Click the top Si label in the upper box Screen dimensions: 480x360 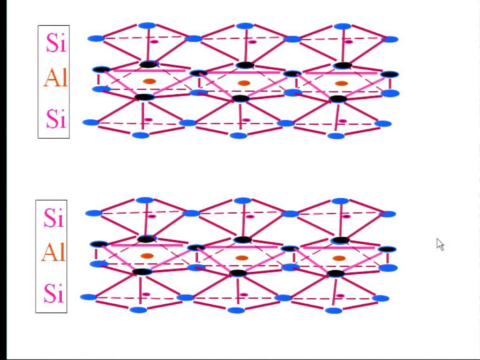[56, 42]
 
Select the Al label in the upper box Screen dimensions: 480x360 [55, 78]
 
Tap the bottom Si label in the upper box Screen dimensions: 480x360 [56, 119]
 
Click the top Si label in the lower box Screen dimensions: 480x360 [53, 217]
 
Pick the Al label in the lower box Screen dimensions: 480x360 [53, 252]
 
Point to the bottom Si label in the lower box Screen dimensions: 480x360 [53, 293]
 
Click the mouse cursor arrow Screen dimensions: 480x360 [440, 245]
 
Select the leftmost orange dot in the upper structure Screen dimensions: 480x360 [150, 82]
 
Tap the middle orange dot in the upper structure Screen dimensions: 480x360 [244, 83]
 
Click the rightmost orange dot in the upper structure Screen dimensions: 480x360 [341, 83]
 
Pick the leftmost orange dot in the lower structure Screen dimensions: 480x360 [147, 256]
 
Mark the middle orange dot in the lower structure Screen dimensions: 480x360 [241, 258]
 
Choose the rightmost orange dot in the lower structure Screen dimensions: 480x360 [339, 258]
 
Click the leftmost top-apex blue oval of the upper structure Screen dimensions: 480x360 [147, 25]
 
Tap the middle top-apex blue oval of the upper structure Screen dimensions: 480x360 [245, 26]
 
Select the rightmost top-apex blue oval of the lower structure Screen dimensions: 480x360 [340, 201]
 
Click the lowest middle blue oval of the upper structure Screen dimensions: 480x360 [238, 135]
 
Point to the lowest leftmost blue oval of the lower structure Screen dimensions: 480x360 [138, 310]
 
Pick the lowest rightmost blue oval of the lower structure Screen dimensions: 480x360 [333, 311]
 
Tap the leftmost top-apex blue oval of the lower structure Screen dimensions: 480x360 [145, 200]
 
